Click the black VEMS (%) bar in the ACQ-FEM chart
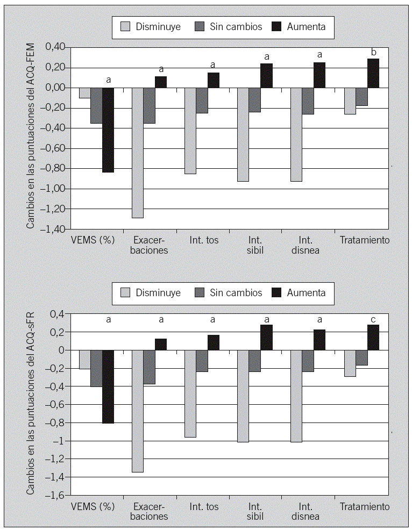click(108, 130)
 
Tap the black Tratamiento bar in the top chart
click(373, 73)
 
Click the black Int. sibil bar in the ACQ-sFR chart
click(266, 338)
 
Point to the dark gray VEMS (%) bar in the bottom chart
click(96, 368)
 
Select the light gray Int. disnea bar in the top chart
click(296, 134)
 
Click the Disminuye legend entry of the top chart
click(151, 26)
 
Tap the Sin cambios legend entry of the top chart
click(229, 26)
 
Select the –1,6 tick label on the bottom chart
click(57, 496)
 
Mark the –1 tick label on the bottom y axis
click(61, 441)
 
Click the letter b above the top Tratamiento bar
click(373, 52)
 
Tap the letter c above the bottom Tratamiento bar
click(373, 319)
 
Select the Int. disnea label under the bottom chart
click(306, 511)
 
